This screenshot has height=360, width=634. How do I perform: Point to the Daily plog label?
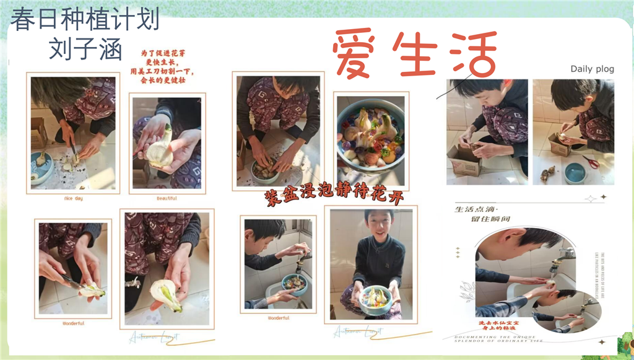(592, 69)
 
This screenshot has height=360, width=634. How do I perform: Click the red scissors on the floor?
(591, 162)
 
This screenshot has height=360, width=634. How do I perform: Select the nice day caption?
(72, 198)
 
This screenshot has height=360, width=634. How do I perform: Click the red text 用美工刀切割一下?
(158, 71)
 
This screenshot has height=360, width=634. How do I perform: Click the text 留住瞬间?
(491, 219)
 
